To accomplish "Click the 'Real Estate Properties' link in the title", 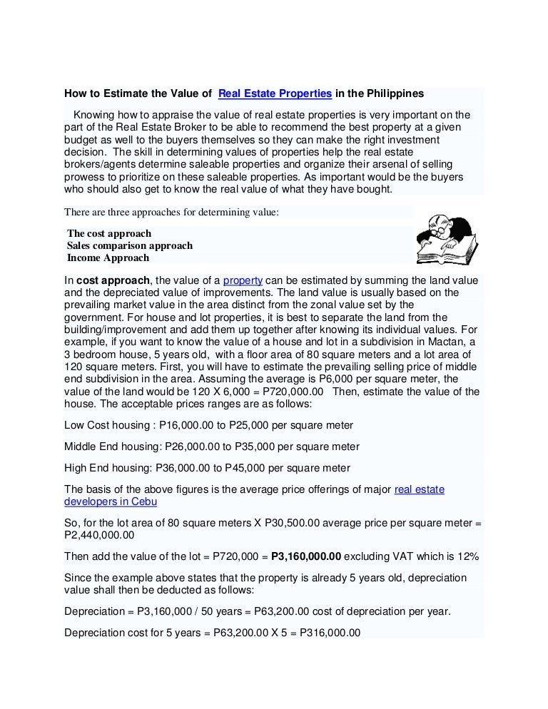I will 275,93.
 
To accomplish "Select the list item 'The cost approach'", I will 109,233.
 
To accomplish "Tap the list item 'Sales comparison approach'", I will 130,245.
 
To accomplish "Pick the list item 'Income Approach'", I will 108,257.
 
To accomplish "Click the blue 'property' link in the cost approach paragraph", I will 243,280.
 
